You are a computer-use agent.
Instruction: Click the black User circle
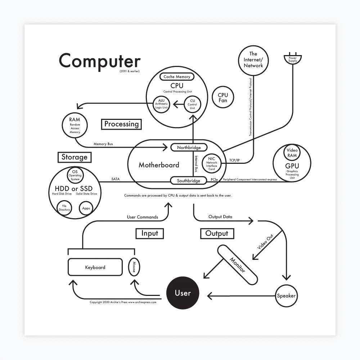183,293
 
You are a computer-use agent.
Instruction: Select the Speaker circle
286,296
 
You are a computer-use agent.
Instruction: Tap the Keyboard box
95,267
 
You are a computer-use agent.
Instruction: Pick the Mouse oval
134,267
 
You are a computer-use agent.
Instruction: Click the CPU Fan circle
223,97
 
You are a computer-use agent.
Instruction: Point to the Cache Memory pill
177,77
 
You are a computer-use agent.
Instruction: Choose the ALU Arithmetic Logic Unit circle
161,104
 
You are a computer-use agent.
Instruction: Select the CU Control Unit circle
192,104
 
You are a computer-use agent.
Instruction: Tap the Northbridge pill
189,148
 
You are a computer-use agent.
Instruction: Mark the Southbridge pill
188,181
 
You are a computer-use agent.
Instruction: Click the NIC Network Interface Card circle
212,163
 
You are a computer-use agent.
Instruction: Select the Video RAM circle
292,153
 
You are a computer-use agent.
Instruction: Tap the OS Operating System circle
75,175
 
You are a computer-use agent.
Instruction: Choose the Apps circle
86,208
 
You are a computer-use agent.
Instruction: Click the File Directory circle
64,208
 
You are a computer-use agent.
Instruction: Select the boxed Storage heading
75,157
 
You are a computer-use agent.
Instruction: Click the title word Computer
100,60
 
